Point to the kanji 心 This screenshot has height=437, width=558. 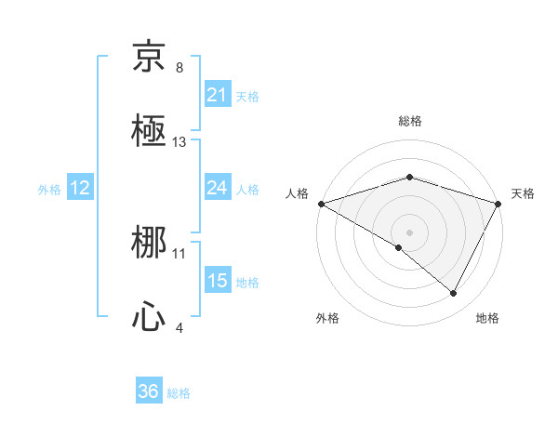click(x=149, y=318)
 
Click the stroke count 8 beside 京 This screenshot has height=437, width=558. click(x=179, y=68)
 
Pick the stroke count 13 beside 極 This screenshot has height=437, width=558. click(x=179, y=142)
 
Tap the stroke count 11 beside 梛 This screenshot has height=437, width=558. click(x=179, y=253)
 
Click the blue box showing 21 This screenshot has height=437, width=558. click(x=217, y=95)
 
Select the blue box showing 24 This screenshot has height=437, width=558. click(x=217, y=188)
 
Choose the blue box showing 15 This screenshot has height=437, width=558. click(x=217, y=281)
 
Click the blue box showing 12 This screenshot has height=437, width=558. click(x=80, y=188)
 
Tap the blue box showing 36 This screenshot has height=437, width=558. click(x=149, y=391)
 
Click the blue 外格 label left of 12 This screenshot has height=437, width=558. click(x=49, y=189)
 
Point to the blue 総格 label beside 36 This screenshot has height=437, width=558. click(x=179, y=393)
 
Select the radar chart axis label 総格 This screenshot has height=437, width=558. click(x=410, y=121)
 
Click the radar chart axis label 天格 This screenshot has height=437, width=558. click(x=524, y=193)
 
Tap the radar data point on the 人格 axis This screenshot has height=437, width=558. click(x=321, y=203)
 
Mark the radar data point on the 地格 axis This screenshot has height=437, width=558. click(x=454, y=294)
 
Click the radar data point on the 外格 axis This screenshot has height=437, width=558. click(x=399, y=247)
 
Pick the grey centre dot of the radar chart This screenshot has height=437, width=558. click(x=410, y=232)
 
